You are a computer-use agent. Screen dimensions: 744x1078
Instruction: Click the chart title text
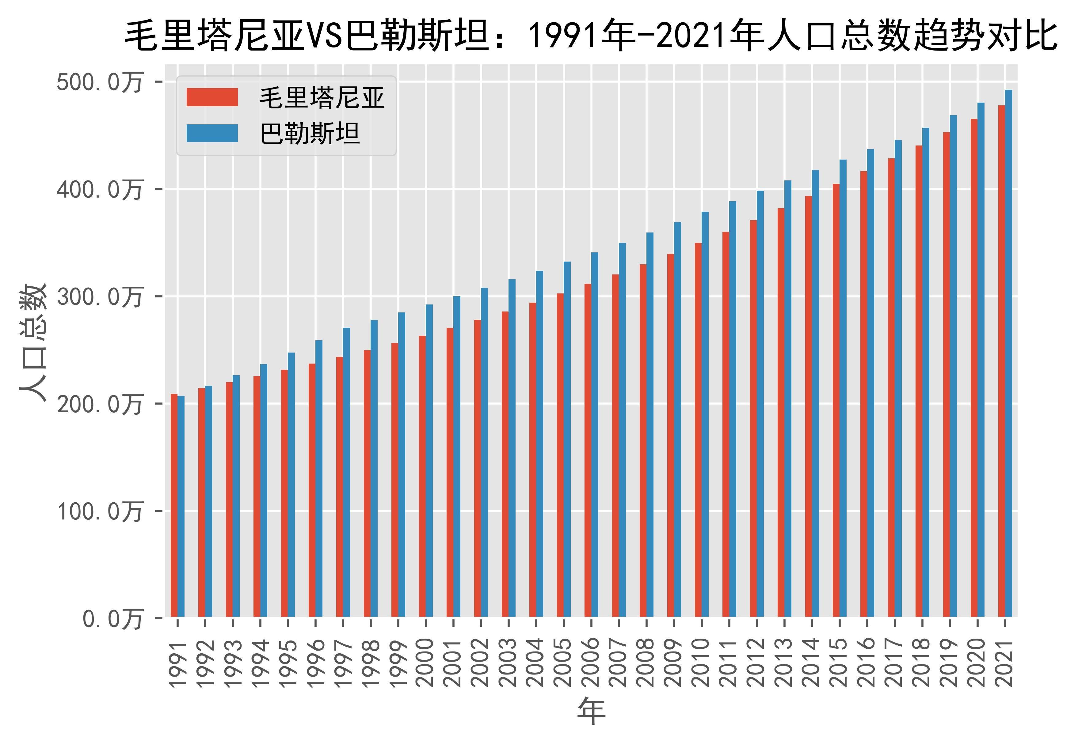[591, 36]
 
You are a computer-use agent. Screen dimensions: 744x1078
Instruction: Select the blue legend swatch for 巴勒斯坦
[212, 133]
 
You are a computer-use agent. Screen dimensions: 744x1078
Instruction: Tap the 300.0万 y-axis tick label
[99, 297]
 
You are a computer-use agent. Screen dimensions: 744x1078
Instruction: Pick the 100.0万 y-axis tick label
[99, 512]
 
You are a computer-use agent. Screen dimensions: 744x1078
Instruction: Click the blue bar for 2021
[1008, 354]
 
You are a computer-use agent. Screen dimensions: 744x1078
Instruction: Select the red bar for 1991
[174, 506]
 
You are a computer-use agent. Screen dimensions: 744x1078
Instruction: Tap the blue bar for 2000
[429, 462]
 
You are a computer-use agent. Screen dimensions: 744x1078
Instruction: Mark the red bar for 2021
[1001, 361]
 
